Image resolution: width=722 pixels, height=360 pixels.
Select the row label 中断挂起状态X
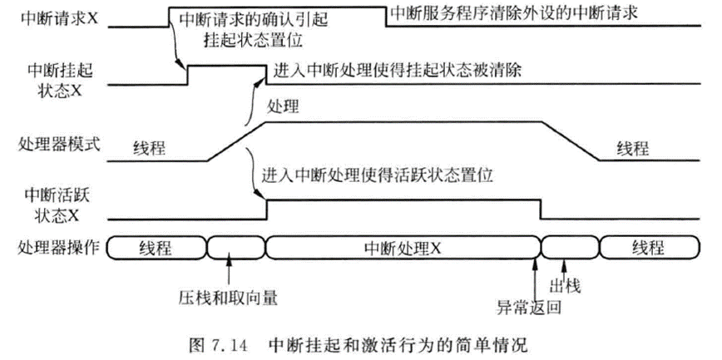click(55, 81)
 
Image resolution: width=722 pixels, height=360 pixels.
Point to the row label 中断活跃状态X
click(55, 204)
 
